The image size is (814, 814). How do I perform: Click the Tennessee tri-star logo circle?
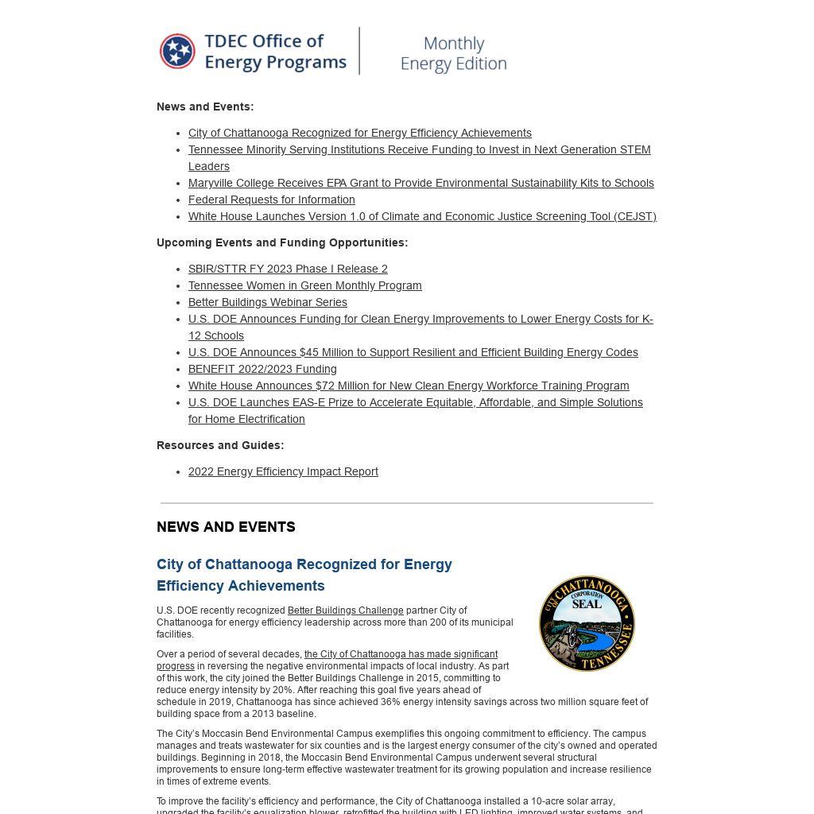[177, 52]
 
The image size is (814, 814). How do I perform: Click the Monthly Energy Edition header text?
[453, 53]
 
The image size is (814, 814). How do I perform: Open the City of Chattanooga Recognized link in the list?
[359, 133]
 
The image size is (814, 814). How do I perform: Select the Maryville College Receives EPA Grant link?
[421, 183]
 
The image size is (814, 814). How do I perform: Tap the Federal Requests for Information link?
[271, 200]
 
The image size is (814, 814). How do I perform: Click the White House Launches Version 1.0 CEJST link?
[421, 216]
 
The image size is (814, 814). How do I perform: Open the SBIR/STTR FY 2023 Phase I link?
[288, 269]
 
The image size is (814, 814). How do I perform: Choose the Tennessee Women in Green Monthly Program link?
[304, 285]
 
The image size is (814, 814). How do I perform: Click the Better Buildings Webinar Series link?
[267, 302]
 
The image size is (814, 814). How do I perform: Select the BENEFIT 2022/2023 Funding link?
[262, 369]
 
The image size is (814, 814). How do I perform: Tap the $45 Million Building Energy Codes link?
[413, 352]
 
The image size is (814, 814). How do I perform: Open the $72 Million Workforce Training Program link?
[409, 386]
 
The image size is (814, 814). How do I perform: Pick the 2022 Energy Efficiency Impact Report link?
[283, 471]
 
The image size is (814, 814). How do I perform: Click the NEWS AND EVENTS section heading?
[226, 527]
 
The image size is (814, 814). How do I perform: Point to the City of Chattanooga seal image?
[587, 624]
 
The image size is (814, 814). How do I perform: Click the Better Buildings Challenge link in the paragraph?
[345, 610]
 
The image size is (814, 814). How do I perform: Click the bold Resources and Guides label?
[220, 445]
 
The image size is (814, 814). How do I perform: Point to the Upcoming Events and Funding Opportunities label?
[282, 242]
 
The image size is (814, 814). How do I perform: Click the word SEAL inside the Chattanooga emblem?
[587, 604]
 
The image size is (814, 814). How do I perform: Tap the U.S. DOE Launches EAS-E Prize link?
[415, 402]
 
